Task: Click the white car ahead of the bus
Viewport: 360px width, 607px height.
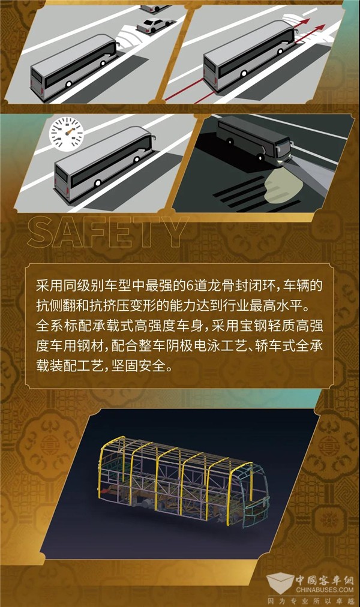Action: (154, 25)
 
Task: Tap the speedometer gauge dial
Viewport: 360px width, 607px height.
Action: (66, 134)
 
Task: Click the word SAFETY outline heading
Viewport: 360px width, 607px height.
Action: (107, 232)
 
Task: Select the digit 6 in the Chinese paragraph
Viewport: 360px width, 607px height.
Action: (190, 286)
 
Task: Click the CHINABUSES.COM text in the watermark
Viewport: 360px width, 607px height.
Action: (325, 590)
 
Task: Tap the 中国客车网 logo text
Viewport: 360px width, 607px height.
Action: (325, 580)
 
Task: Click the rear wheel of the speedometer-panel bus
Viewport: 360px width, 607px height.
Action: (98, 183)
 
